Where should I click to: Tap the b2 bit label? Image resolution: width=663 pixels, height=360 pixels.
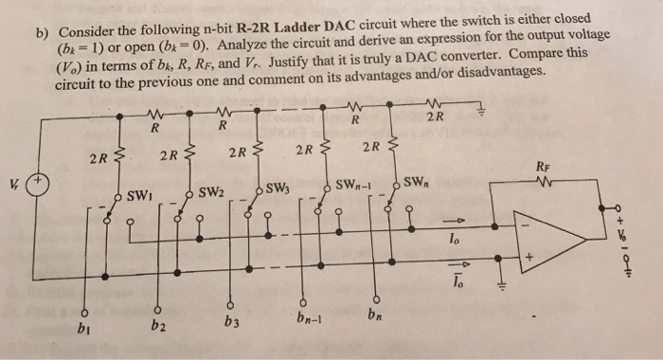[156, 325]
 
